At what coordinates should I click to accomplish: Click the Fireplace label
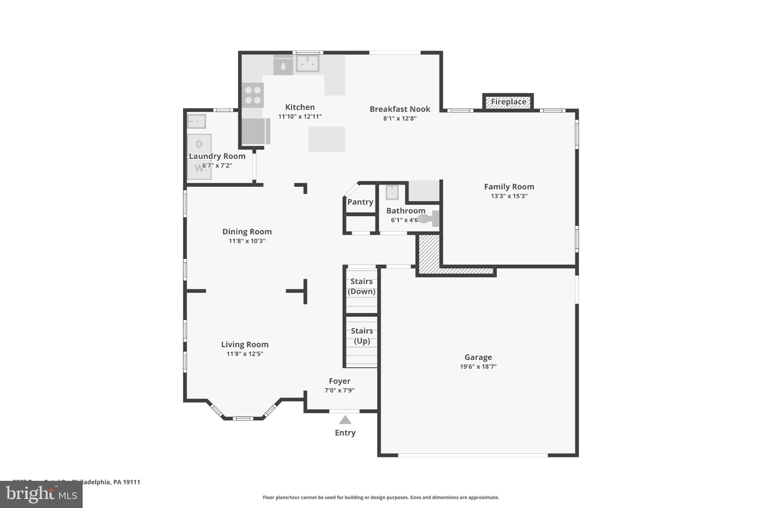pyautogui.click(x=508, y=102)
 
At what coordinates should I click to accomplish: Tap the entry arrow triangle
pyautogui.click(x=345, y=420)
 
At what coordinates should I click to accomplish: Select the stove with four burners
pyautogui.click(x=253, y=95)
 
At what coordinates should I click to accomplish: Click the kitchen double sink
pyautogui.click(x=307, y=64)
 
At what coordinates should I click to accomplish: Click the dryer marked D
pyautogui.click(x=199, y=144)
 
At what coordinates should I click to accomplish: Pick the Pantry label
pyautogui.click(x=360, y=202)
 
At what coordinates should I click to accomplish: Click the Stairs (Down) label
pyautogui.click(x=361, y=286)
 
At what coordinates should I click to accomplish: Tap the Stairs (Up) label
pyautogui.click(x=362, y=336)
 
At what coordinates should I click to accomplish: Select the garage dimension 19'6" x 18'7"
pyautogui.click(x=478, y=367)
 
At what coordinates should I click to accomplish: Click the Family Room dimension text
pyautogui.click(x=509, y=196)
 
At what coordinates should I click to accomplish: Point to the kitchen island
pyautogui.click(x=326, y=139)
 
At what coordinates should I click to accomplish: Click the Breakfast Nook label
pyautogui.click(x=400, y=109)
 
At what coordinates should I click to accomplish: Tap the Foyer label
pyautogui.click(x=339, y=381)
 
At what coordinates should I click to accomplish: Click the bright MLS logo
pyautogui.click(x=41, y=495)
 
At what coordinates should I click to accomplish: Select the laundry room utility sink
pyautogui.click(x=196, y=121)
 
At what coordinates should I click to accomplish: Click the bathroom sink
pyautogui.click(x=392, y=192)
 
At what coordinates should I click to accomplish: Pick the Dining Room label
pyautogui.click(x=247, y=231)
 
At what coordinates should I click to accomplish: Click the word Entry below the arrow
pyautogui.click(x=345, y=433)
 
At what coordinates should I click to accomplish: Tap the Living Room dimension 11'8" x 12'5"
pyautogui.click(x=245, y=354)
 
